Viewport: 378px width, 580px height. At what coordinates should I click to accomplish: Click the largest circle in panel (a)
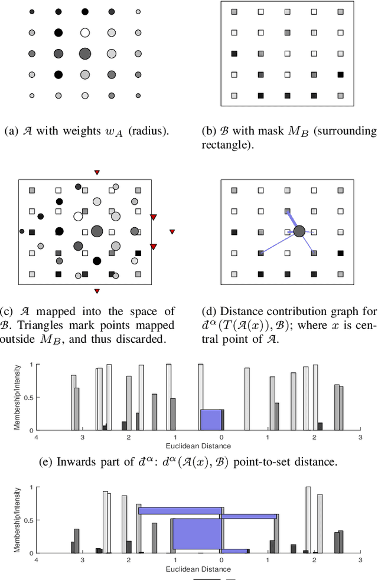click(x=84, y=54)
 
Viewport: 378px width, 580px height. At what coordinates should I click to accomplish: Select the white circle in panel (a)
click(x=84, y=33)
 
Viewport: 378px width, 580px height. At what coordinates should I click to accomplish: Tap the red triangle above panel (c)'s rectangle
click(x=97, y=172)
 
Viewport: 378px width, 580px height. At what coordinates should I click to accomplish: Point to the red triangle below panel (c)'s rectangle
click(x=97, y=290)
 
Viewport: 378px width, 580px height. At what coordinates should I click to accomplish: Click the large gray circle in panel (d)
click(x=299, y=231)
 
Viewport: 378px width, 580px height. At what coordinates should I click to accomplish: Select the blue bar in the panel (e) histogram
click(x=211, y=420)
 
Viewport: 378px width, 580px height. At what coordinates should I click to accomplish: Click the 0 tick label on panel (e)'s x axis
click(x=221, y=438)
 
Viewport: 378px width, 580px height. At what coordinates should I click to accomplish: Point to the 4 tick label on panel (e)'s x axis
click(x=36, y=438)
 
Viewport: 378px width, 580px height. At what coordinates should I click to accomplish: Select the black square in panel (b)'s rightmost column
click(x=341, y=74)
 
